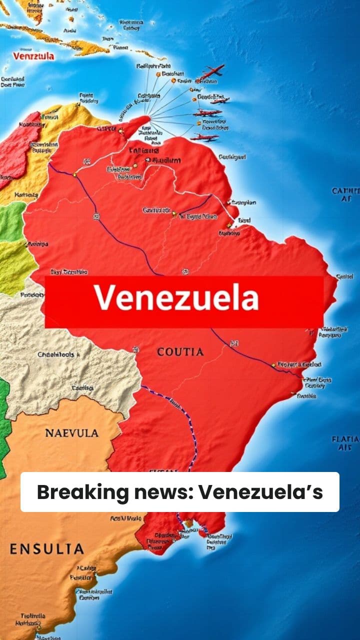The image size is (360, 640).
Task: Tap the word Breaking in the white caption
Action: pyautogui.click(x=82, y=492)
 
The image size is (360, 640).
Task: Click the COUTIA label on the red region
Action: pyautogui.click(x=180, y=352)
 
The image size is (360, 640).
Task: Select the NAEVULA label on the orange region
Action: pyautogui.click(x=72, y=433)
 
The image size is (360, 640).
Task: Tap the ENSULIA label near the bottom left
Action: pyautogui.click(x=46, y=549)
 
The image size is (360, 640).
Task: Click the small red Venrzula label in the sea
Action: pyautogui.click(x=33, y=56)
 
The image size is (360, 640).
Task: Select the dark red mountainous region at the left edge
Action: pyautogui.click(x=20, y=145)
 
